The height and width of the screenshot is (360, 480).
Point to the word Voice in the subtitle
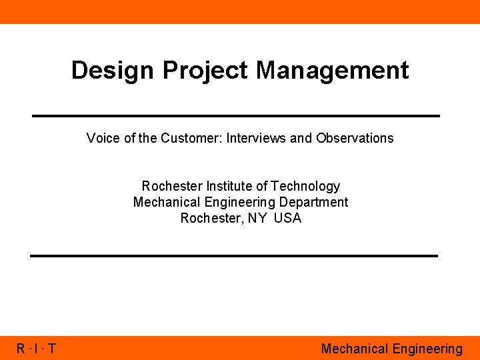click(x=101, y=139)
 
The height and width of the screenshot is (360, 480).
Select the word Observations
click(x=355, y=139)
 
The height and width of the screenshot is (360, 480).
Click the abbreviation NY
click(x=258, y=218)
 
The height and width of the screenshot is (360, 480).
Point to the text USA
click(x=287, y=218)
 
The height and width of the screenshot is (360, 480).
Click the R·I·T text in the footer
click(x=36, y=349)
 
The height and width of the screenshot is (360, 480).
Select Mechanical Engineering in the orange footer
click(x=391, y=349)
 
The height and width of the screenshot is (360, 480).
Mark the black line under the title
click(x=236, y=116)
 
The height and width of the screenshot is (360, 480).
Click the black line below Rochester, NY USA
click(x=234, y=255)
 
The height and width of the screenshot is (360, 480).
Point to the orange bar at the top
click(x=240, y=11)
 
